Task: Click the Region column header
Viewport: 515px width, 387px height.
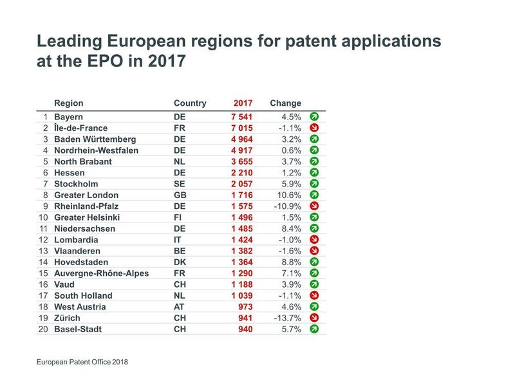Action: click(x=68, y=103)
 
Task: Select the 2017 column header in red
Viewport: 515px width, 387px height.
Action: click(x=243, y=103)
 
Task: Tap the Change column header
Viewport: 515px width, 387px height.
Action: click(x=285, y=103)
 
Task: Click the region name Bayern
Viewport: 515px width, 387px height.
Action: click(x=68, y=117)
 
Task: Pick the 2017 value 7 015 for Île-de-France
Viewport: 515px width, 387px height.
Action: click(x=241, y=128)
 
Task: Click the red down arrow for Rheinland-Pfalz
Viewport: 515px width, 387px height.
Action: click(x=314, y=206)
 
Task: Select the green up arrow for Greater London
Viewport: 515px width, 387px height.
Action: click(x=314, y=195)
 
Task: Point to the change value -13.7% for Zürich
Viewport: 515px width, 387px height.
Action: click(x=286, y=318)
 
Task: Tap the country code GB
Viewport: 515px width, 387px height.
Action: click(x=180, y=195)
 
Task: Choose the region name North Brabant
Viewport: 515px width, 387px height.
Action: click(x=82, y=161)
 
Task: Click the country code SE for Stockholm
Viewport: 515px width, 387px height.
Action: click(x=179, y=184)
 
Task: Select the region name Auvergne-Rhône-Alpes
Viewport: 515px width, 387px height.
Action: click(x=101, y=273)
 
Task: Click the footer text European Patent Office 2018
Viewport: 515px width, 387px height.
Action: click(x=82, y=362)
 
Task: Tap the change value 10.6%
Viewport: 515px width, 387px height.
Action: click(x=287, y=195)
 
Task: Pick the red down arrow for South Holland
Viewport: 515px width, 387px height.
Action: click(x=314, y=295)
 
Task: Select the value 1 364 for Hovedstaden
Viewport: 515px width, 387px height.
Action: click(x=241, y=262)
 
